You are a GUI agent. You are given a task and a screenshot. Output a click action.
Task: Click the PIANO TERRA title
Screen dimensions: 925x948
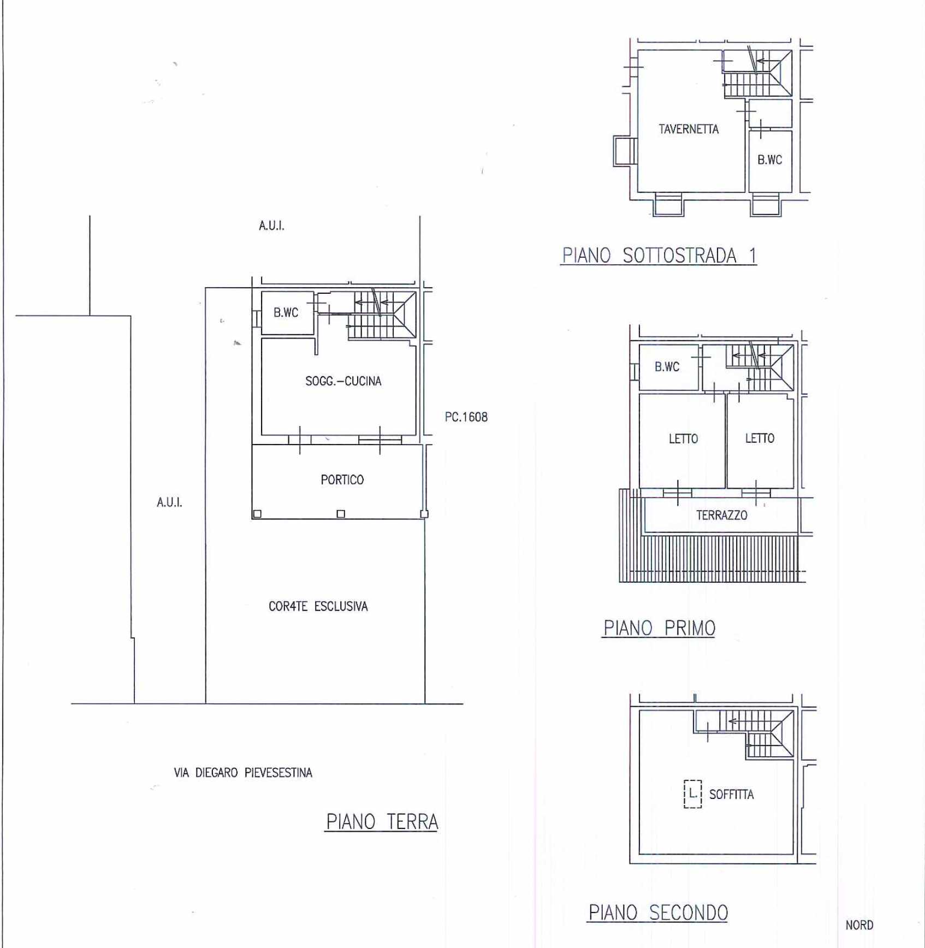[x=382, y=822]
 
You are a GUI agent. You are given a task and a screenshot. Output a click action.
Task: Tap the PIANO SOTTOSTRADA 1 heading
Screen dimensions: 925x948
[x=659, y=255]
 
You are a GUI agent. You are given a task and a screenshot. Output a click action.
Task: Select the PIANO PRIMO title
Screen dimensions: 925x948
[x=659, y=628]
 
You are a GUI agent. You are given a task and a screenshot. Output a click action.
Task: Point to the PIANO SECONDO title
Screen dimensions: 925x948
[x=658, y=913]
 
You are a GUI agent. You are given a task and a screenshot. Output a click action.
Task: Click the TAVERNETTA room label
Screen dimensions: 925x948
[x=689, y=129]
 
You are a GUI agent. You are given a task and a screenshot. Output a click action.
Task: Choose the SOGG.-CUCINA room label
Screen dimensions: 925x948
[x=343, y=381]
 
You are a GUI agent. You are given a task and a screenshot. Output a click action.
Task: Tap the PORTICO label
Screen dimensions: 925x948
[x=342, y=480]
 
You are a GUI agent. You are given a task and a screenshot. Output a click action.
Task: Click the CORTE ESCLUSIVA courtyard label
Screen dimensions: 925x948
[x=318, y=606]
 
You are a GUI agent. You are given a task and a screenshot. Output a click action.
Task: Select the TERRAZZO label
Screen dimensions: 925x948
[x=721, y=515]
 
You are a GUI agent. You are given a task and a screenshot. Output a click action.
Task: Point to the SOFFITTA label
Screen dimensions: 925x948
[x=731, y=795]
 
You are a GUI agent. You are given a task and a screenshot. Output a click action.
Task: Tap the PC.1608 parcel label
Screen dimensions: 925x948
[x=466, y=417]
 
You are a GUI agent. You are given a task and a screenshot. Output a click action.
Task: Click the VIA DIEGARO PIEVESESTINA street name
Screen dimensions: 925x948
[x=243, y=773]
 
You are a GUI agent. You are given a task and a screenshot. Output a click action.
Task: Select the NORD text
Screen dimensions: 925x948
[x=859, y=925]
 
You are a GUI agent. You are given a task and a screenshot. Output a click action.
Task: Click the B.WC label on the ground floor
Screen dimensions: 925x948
[x=286, y=313]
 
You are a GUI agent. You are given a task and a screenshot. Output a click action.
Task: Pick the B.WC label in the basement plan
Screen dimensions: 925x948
[x=769, y=160]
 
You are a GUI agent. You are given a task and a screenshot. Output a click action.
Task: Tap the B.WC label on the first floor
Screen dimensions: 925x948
[x=667, y=367]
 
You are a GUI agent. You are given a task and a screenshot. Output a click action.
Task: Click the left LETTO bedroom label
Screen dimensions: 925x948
[x=683, y=439]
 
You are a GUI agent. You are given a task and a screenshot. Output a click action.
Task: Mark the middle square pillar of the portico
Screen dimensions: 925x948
[x=341, y=514]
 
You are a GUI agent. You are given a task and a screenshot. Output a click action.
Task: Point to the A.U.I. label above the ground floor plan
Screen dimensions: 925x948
[x=271, y=226]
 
